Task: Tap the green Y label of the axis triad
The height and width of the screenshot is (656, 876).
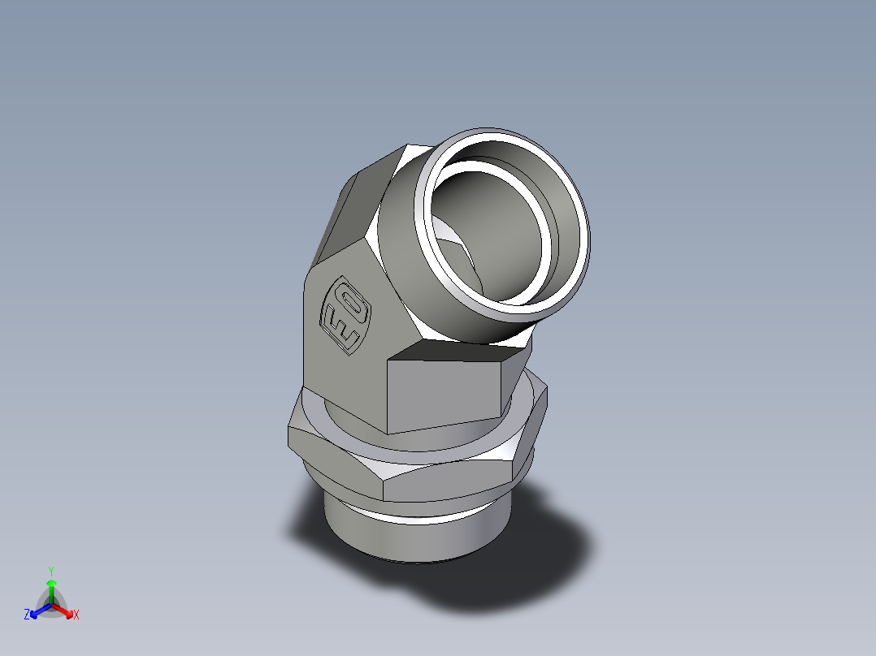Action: click(50, 571)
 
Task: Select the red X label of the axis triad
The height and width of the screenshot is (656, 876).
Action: click(76, 615)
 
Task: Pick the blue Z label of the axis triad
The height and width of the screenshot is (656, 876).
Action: click(27, 615)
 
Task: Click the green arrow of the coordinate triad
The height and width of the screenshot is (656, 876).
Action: click(51, 586)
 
